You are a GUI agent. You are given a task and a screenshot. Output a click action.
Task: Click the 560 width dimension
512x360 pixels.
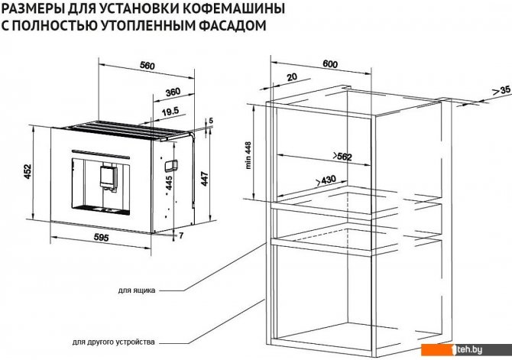pyautogui.click(x=147, y=66)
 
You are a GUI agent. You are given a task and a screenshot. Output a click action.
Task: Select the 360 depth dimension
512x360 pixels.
pyautogui.click(x=173, y=92)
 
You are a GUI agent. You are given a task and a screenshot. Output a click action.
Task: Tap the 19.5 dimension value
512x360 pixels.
pyautogui.click(x=170, y=112)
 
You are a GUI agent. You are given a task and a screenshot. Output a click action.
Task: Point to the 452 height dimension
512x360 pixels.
pyautogui.click(x=28, y=171)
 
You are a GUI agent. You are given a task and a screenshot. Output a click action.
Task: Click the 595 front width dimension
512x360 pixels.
pyautogui.click(x=101, y=238)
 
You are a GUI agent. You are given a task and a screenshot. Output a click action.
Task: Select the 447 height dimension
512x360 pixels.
pyautogui.click(x=204, y=179)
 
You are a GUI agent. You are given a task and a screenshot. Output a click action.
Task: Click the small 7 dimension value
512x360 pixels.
pyautogui.click(x=182, y=235)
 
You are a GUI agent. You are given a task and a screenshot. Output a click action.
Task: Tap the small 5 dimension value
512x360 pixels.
pyautogui.click(x=211, y=121)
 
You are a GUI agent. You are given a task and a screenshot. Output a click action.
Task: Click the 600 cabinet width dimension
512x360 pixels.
pyautogui.click(x=330, y=64)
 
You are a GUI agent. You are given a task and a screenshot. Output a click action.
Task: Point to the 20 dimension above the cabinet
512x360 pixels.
pyautogui.click(x=292, y=77)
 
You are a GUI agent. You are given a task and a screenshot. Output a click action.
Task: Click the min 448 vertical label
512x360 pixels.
pyautogui.click(x=248, y=155)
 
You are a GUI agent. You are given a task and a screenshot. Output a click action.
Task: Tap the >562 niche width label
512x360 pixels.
pyautogui.click(x=342, y=157)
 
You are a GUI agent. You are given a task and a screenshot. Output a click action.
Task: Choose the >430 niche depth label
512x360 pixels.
pyautogui.click(x=326, y=180)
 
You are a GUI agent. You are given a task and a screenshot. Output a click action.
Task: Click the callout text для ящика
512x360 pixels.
pyautogui.click(x=137, y=290)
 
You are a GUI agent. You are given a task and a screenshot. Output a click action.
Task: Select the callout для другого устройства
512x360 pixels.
pyautogui.click(x=114, y=342)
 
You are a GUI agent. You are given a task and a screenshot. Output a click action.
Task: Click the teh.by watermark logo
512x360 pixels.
pyautogui.click(x=466, y=350)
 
